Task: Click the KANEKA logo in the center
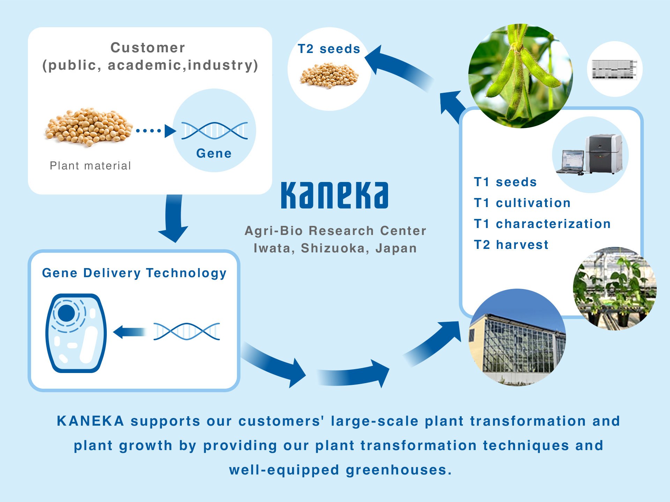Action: tap(334, 195)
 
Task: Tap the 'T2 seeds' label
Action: tap(329, 49)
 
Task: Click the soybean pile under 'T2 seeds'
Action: tap(329, 75)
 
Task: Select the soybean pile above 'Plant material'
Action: tap(89, 127)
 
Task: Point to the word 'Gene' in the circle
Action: tap(214, 153)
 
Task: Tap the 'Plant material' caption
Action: tap(90, 166)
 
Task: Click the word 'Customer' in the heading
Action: tap(148, 48)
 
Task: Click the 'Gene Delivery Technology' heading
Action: tap(134, 273)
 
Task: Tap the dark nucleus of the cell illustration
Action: tap(66, 313)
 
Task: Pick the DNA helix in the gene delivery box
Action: tap(187, 331)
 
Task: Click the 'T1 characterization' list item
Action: tap(542, 224)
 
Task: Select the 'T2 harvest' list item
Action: tap(511, 245)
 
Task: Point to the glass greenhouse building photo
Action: tap(517, 337)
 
